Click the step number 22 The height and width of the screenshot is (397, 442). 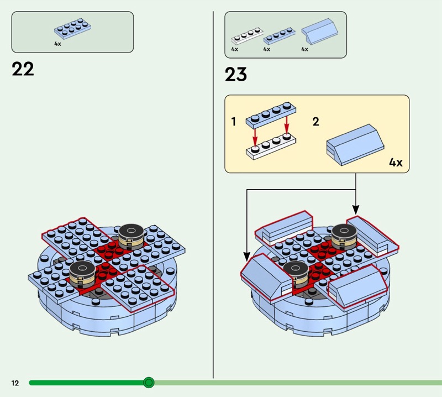[x=23, y=70]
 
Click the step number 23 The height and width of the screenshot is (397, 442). [x=236, y=75]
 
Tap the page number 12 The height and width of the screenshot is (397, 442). [x=14, y=383]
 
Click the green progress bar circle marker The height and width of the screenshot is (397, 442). [x=148, y=383]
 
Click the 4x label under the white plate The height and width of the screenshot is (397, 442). [x=234, y=50]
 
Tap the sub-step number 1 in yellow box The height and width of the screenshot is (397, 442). [x=234, y=121]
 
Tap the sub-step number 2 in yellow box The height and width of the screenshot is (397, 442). [x=315, y=121]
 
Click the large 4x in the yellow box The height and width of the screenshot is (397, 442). [x=396, y=163]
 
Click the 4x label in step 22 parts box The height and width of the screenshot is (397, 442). [x=57, y=44]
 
